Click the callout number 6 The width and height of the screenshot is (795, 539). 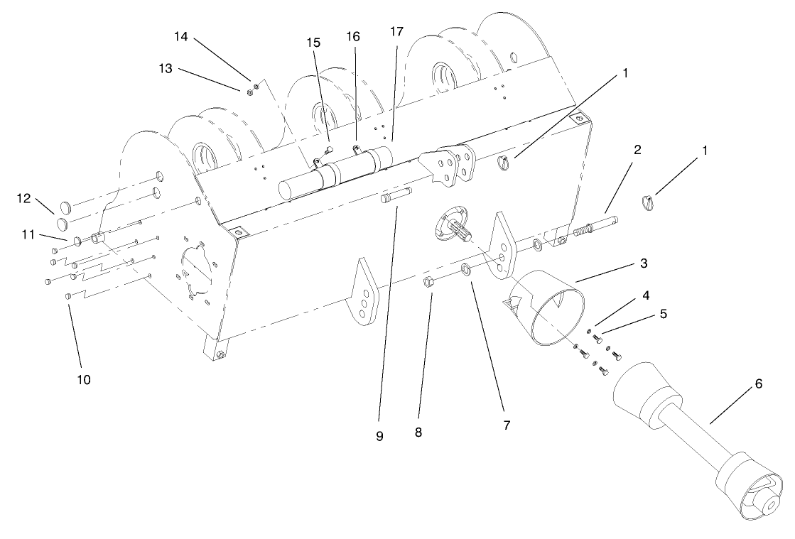coord(758,383)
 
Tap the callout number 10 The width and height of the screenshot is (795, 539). coord(84,379)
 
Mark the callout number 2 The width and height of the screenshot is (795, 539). coord(637,150)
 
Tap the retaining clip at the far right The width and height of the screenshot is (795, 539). coord(651,202)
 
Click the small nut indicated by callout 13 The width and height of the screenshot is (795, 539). coord(250,90)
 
